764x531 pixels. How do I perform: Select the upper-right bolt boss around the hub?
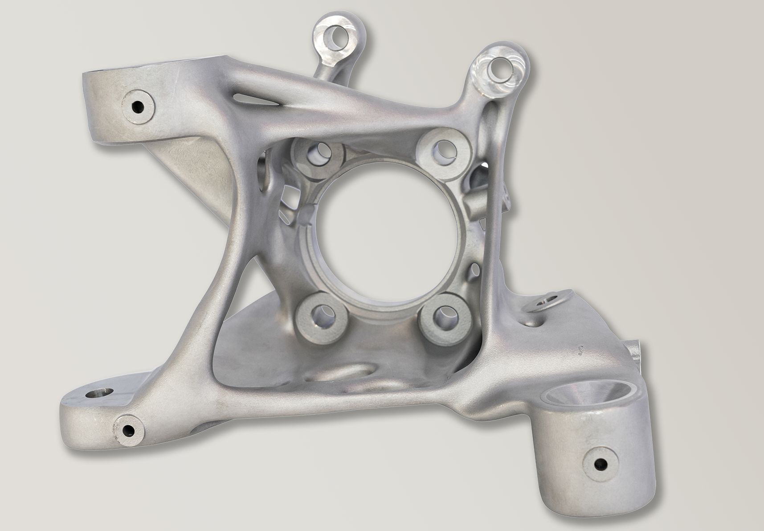click(x=441, y=149)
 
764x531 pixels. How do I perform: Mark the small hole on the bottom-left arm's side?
click(x=128, y=431)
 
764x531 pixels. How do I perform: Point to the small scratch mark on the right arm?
click(x=580, y=351)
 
